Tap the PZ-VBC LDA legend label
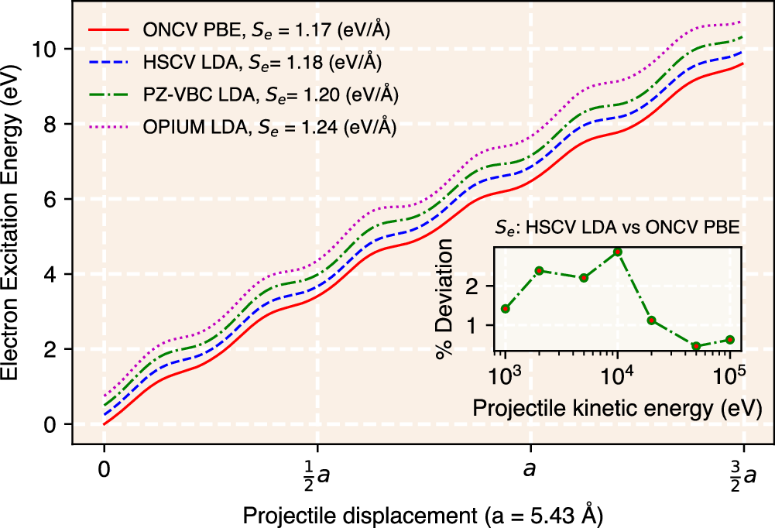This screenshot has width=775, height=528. tap(270, 94)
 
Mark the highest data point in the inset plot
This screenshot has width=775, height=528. tap(617, 252)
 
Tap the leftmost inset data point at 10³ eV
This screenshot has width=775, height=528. tap(505, 308)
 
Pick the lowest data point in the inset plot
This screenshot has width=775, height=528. tap(695, 346)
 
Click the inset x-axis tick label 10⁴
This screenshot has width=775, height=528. tap(617, 377)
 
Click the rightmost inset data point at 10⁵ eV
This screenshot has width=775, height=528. tap(729, 339)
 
